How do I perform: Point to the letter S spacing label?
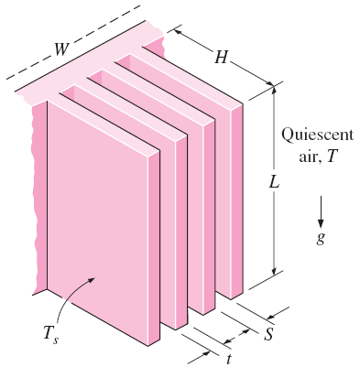point(267,333)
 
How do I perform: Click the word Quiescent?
point(312,134)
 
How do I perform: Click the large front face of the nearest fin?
point(101,220)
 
